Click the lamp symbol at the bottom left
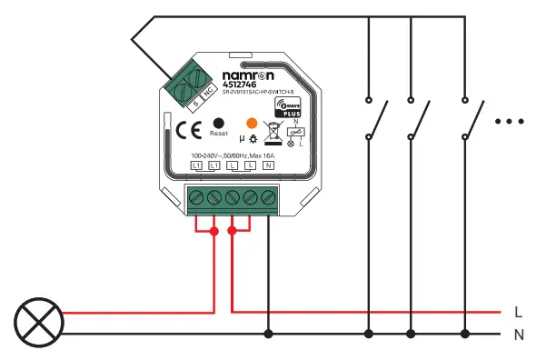click(x=39, y=322)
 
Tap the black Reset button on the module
click(x=217, y=123)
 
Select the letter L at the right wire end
click(x=517, y=311)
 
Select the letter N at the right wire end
click(x=518, y=335)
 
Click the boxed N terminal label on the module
click(x=268, y=166)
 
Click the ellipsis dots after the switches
click(x=510, y=120)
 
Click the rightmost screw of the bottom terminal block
click(x=268, y=197)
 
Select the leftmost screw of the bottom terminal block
click(x=196, y=197)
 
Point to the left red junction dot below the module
click(x=214, y=232)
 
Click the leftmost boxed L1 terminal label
click(x=196, y=166)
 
